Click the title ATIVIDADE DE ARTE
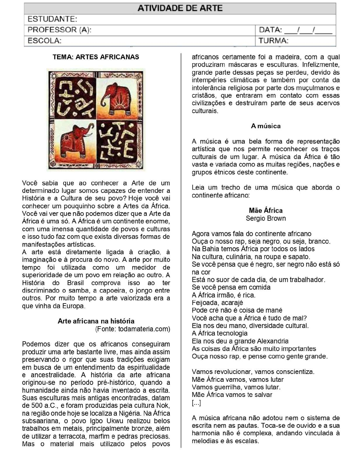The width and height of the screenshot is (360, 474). [x=180, y=8]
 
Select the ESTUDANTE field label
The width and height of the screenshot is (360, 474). [x=52, y=19]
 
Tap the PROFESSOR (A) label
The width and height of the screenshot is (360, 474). [x=59, y=30]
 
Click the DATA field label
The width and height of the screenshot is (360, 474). [x=270, y=30]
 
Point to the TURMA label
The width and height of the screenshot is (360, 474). [x=273, y=41]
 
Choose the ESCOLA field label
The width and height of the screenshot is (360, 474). [x=44, y=41]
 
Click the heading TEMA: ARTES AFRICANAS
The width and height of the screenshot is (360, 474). [x=96, y=57]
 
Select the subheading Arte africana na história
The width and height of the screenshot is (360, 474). [x=96, y=321]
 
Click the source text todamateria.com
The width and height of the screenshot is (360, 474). [x=144, y=329]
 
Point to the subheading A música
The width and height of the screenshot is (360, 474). [x=266, y=126]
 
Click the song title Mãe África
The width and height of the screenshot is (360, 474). [x=266, y=211]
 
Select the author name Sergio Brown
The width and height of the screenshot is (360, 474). [x=266, y=219]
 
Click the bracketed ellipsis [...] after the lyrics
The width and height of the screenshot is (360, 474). [x=196, y=403]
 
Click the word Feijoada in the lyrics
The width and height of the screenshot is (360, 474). [x=205, y=303]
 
